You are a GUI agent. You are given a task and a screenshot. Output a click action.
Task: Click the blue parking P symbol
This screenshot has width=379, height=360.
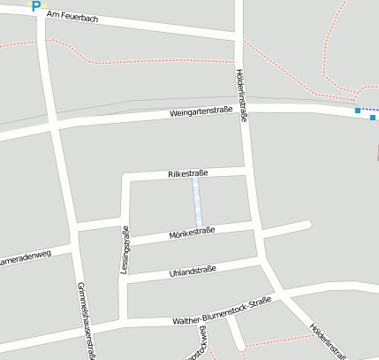click(36, 6)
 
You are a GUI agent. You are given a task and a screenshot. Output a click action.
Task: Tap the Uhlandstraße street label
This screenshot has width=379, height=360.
click(192, 272)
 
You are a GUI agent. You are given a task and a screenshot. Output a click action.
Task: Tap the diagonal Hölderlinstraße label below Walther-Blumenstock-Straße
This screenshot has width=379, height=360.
click(327, 341)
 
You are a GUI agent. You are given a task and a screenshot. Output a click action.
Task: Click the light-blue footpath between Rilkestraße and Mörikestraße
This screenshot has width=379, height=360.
click(198, 201)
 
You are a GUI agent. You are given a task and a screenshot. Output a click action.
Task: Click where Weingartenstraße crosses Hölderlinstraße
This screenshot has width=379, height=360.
click(243, 108)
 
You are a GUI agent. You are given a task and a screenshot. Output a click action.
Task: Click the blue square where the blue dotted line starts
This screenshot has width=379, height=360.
click(357, 111)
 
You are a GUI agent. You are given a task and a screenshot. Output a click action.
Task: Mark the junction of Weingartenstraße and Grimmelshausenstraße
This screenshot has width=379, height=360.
click(55, 126)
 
